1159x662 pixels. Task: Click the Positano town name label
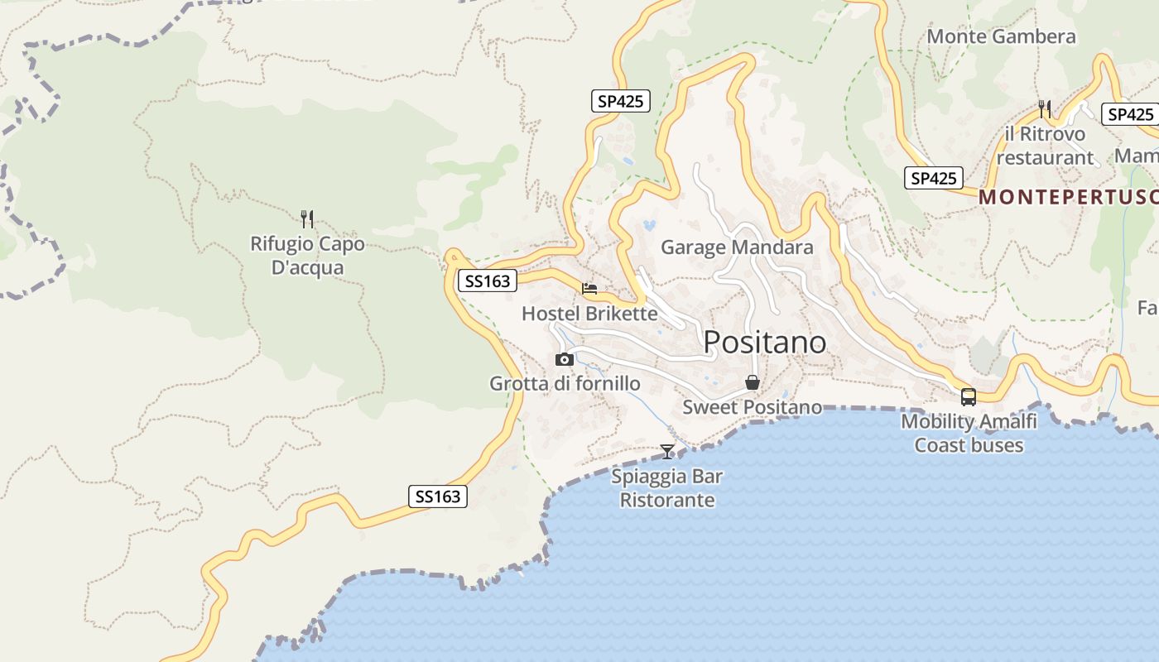click(x=764, y=342)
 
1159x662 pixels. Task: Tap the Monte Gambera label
click(x=1001, y=36)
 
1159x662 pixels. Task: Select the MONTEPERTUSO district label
click(x=1068, y=198)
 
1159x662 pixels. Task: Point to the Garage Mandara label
click(x=737, y=247)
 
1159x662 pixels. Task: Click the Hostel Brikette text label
click(x=589, y=314)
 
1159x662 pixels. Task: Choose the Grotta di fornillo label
click(x=565, y=384)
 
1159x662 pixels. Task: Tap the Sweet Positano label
click(x=752, y=407)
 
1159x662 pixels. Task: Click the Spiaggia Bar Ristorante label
click(x=667, y=488)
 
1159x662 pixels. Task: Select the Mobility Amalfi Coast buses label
click(x=969, y=433)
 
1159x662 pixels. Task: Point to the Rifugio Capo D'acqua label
click(x=307, y=256)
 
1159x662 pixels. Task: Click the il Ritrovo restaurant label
click(x=1045, y=146)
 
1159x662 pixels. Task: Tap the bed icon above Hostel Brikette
click(x=589, y=289)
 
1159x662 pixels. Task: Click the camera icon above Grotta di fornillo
click(x=565, y=359)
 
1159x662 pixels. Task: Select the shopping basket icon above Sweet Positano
click(x=753, y=382)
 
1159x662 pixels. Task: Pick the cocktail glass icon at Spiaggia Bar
click(x=667, y=451)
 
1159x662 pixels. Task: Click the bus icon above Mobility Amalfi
click(x=969, y=396)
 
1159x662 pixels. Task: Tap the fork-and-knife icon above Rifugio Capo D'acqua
click(x=307, y=218)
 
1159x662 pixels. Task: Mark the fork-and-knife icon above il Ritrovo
click(x=1045, y=108)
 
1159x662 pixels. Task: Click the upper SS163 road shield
click(x=487, y=281)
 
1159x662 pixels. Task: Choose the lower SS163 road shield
click(x=438, y=496)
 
